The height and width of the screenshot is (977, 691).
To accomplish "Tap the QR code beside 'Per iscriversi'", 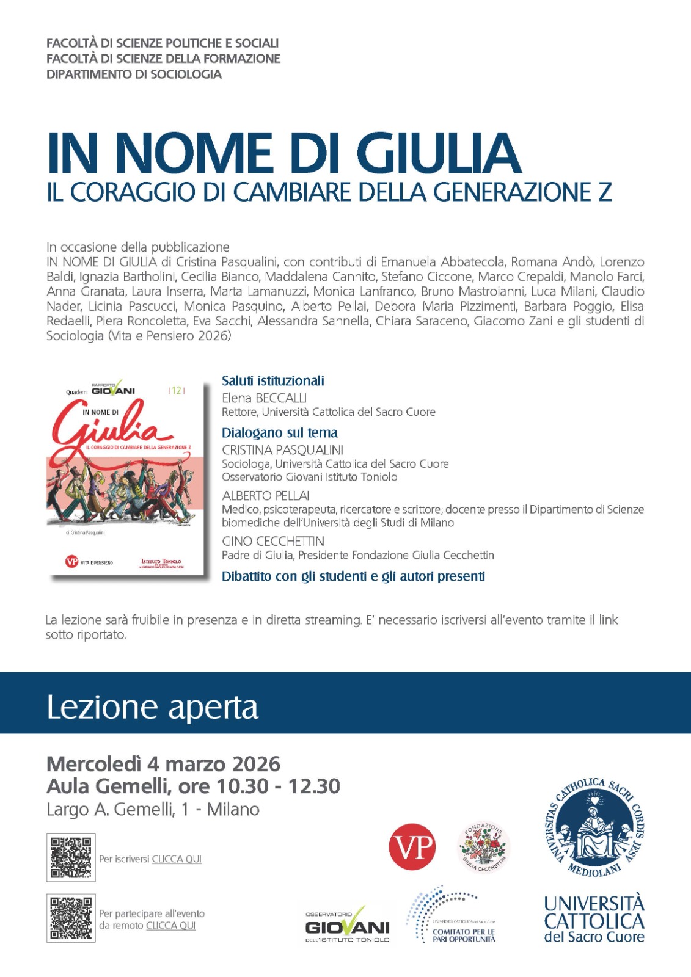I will pos(71,857).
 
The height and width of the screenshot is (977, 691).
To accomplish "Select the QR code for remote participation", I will pos(71,918).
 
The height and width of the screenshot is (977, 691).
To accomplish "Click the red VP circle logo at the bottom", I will pos(412,847).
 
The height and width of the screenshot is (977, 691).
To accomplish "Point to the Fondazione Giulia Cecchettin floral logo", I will pos(484,848).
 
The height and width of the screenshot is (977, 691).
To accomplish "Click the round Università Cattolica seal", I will pos(594,829).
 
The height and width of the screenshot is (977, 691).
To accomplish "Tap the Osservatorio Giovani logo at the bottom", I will pos(347,926).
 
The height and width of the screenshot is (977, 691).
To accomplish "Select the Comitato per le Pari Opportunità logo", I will pos(452,916).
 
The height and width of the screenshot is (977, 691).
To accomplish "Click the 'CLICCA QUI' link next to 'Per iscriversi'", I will pos(177,859).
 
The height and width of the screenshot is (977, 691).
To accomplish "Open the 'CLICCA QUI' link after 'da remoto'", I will pos(170,926).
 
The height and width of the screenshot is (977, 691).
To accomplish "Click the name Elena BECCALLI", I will pos(264,398).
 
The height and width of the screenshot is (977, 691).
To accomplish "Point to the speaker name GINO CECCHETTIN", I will pos(273,541).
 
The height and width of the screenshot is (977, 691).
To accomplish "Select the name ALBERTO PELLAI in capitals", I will pos(266,495).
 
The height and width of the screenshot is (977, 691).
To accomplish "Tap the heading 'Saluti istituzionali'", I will pos(272,381).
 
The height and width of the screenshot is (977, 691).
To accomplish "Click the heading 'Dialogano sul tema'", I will pos(279,433).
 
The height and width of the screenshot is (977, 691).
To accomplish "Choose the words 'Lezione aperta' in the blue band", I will pos(153,707).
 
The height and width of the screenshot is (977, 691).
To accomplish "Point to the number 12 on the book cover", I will pos(176,391).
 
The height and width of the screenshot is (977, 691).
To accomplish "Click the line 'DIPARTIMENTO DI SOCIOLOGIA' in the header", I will pos(134,74).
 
